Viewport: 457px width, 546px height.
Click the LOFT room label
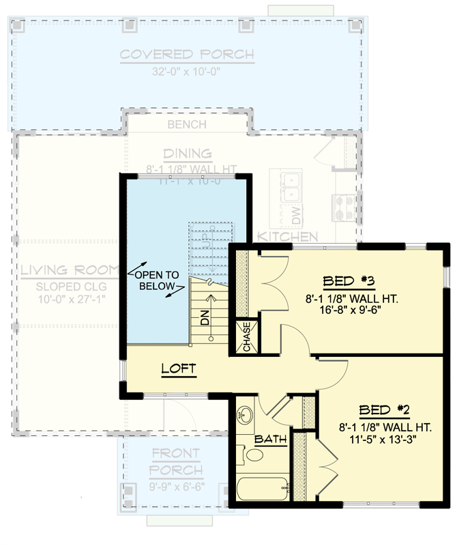pos(179,369)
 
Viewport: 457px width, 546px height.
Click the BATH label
pos(270,440)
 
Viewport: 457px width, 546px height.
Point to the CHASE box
pos(247,337)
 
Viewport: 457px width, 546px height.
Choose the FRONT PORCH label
pos(177,461)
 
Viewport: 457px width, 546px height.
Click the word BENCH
pos(187,124)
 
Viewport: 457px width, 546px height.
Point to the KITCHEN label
pos(287,237)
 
